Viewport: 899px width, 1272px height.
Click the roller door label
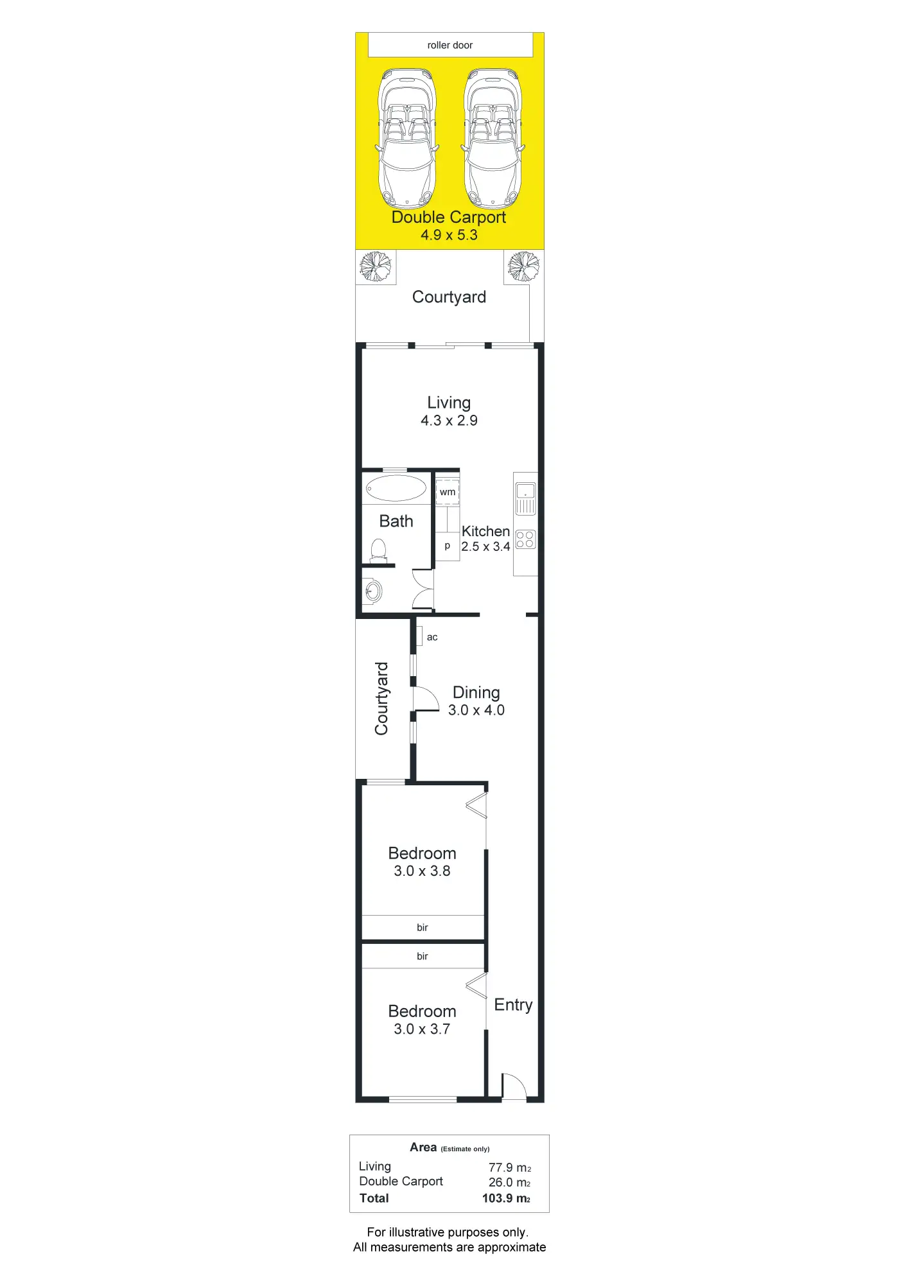pyautogui.click(x=449, y=46)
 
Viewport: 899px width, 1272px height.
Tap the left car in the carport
pyautogui.click(x=407, y=139)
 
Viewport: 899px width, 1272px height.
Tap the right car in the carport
pyautogui.click(x=493, y=139)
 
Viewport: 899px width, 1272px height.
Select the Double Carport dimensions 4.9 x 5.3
pyautogui.click(x=449, y=235)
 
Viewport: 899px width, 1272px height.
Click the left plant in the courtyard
pyautogui.click(x=376, y=266)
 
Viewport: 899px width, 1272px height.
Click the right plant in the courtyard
pyautogui.click(x=523, y=266)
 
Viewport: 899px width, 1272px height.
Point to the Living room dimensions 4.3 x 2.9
pyautogui.click(x=449, y=421)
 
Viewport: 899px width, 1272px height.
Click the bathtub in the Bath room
pyautogui.click(x=396, y=489)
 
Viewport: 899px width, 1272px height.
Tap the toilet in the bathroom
pyautogui.click(x=379, y=551)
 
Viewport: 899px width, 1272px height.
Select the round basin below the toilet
pyautogui.click(x=373, y=591)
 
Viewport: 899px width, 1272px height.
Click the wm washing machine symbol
pyautogui.click(x=448, y=492)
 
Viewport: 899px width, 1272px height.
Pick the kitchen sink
pyautogui.click(x=525, y=498)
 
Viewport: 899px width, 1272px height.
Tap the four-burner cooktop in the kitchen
pyautogui.click(x=525, y=539)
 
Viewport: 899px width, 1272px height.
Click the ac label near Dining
pyautogui.click(x=432, y=638)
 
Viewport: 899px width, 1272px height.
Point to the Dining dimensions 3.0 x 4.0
pyautogui.click(x=476, y=710)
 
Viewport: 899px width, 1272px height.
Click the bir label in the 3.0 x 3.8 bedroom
pyautogui.click(x=423, y=927)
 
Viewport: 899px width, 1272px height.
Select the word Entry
pyautogui.click(x=513, y=1005)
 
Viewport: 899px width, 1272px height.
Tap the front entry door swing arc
pyautogui.click(x=514, y=1086)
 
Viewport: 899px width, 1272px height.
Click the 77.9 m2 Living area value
pyautogui.click(x=510, y=1168)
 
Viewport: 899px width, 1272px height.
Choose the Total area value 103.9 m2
pyautogui.click(x=507, y=1198)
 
